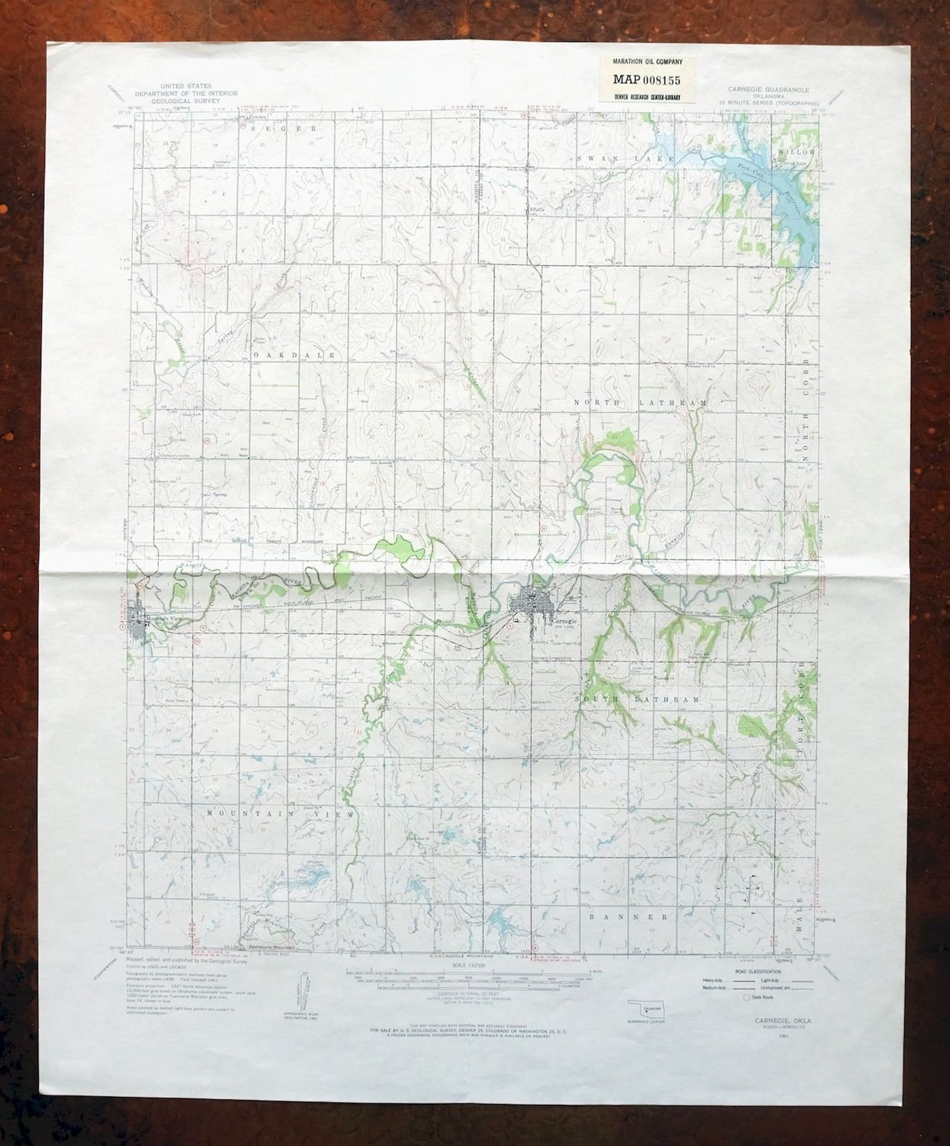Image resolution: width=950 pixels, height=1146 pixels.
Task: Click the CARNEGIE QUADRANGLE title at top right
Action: coord(768,90)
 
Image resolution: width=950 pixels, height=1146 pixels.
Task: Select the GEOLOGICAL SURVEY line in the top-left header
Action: coord(186,102)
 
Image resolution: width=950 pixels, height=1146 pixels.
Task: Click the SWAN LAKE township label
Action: coord(625,159)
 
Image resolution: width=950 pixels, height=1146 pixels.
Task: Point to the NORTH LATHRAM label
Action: coord(640,403)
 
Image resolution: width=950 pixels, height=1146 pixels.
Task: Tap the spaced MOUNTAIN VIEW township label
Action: coord(281,814)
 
